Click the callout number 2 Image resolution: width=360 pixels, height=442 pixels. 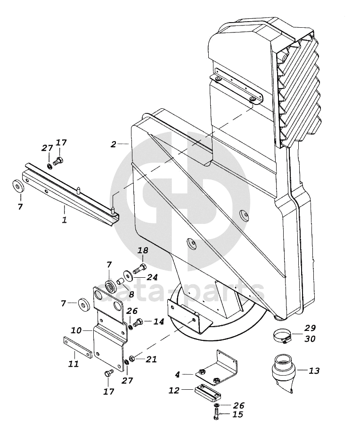coord(113,145)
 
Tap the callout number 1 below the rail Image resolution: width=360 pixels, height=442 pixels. coord(65,220)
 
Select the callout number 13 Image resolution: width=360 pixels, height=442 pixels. coord(314,370)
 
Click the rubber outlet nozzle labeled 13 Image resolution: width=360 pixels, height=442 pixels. coord(283,373)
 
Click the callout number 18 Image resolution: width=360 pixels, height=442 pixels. coord(143,250)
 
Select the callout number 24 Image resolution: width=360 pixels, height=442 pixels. coord(152,277)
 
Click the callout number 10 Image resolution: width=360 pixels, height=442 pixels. coord(76,330)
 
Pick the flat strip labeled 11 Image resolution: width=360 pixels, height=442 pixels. coord(77,347)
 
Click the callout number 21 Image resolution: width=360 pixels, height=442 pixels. coord(151,359)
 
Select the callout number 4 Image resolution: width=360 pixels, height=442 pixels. coord(177,375)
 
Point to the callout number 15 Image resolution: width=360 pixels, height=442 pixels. coord(238,415)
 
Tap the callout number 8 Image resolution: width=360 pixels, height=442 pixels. coord(131,294)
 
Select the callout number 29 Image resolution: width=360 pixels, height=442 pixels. coord(310,328)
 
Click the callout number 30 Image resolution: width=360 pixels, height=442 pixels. coord(310,338)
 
